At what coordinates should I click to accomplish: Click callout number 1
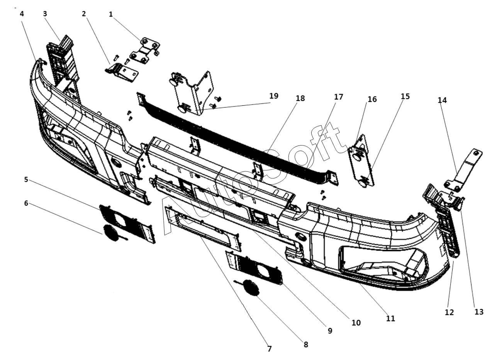tap(110, 14)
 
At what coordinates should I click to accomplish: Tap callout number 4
tap(22, 14)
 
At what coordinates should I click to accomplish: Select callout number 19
tap(274, 96)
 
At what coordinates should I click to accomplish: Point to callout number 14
tap(442, 100)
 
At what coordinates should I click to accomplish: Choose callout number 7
tap(270, 348)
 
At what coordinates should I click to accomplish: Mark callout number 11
tap(390, 318)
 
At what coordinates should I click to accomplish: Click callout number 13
tap(479, 312)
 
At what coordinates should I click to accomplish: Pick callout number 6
tap(26, 203)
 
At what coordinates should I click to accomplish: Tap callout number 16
tap(372, 99)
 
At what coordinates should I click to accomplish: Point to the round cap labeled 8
tap(251, 288)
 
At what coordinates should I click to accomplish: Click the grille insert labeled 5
tap(128, 224)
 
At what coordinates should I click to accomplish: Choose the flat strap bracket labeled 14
tap(463, 171)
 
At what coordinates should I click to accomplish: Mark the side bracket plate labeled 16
tap(361, 161)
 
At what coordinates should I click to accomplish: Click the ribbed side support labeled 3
tap(63, 62)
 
